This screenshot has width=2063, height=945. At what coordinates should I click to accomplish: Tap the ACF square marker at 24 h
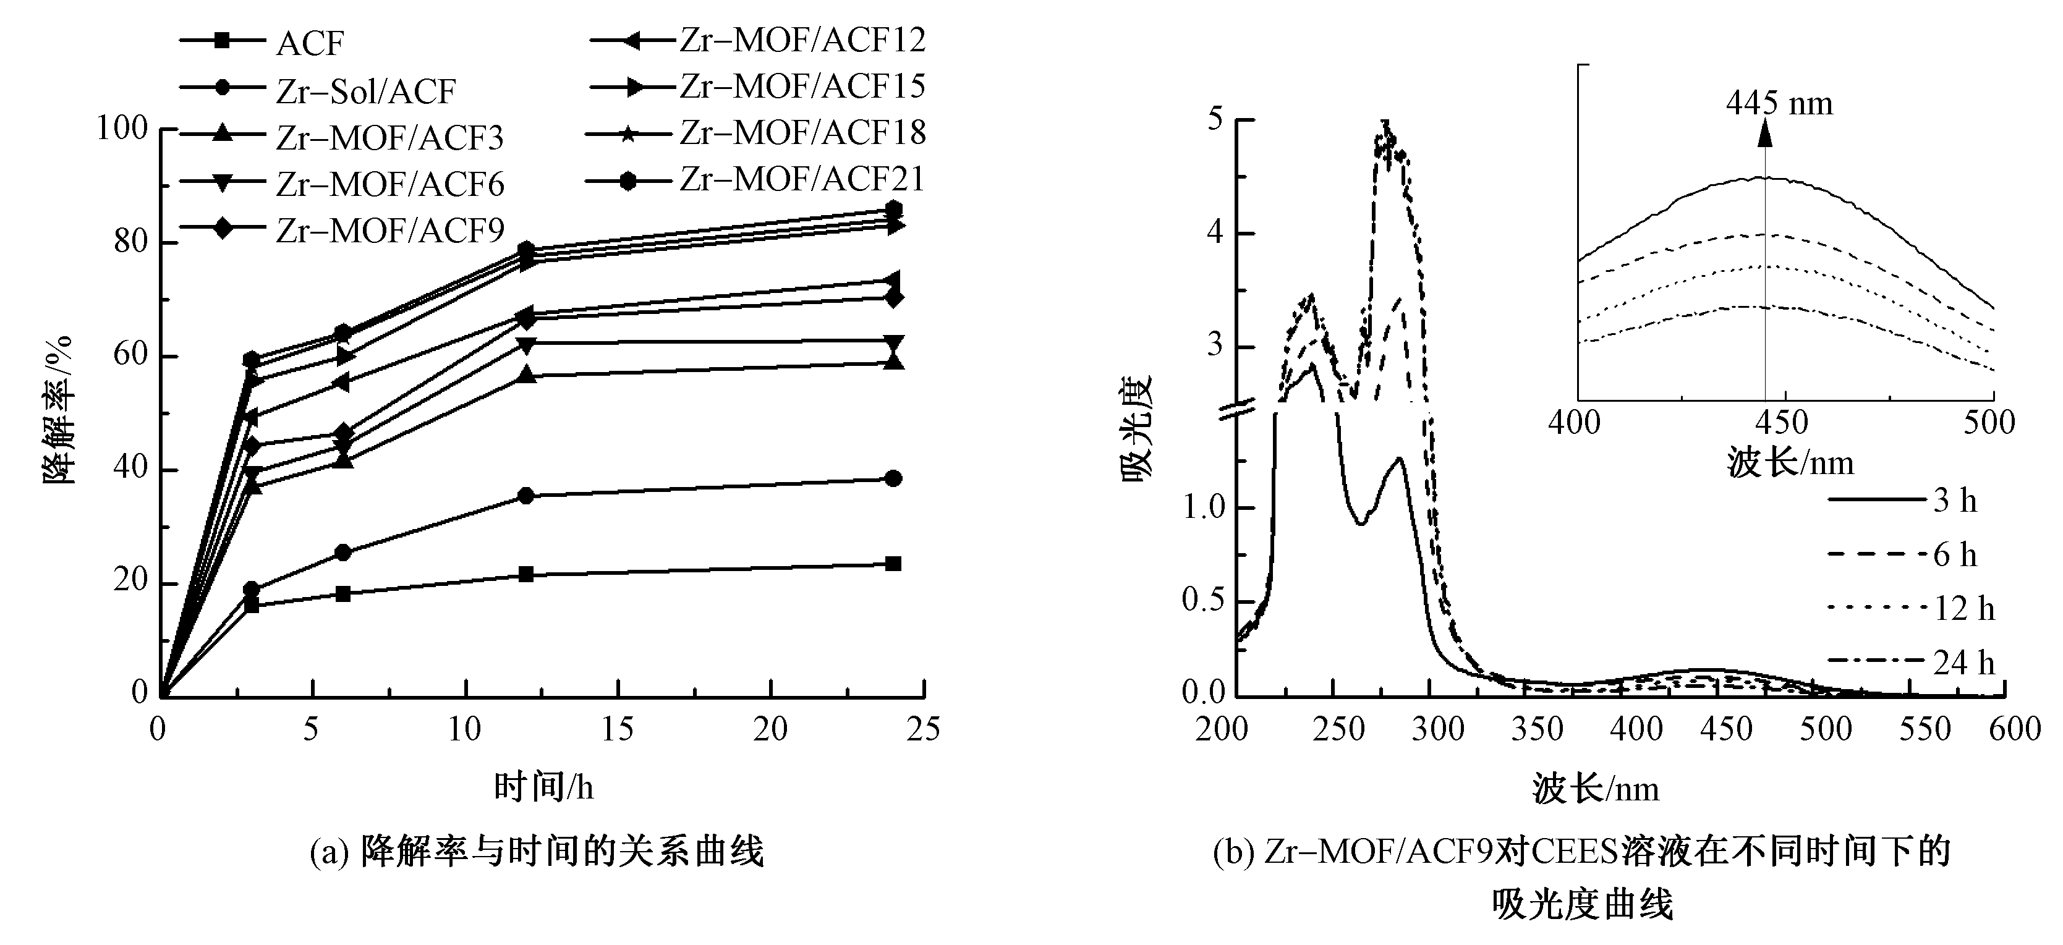click(894, 564)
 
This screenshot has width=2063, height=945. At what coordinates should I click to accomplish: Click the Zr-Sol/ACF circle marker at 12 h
click(526, 496)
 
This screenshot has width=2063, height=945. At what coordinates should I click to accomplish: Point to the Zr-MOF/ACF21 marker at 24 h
click(894, 210)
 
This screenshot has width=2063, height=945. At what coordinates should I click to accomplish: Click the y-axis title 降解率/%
click(57, 410)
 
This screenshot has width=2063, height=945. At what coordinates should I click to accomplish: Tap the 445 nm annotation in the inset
click(1779, 104)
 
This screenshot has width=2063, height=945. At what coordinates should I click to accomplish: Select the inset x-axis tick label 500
click(1989, 422)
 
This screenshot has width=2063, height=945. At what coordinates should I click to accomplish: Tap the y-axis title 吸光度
click(1136, 428)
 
